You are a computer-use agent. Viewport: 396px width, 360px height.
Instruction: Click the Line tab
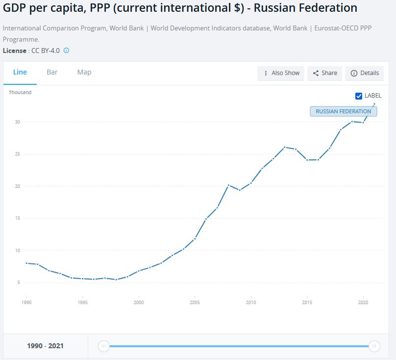[20, 72]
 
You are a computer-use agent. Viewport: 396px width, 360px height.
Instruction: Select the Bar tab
[52, 72]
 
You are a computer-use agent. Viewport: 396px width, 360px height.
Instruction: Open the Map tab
[84, 72]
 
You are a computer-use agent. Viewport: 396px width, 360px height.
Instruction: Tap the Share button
[325, 73]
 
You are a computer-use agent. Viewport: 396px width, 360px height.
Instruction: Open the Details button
[365, 73]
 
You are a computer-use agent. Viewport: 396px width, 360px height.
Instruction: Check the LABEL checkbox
[359, 96]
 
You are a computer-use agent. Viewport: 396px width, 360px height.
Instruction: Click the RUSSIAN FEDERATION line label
[343, 111]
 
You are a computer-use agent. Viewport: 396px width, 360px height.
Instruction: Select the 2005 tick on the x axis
[195, 303]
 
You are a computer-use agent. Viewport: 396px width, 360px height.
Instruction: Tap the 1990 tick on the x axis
[27, 303]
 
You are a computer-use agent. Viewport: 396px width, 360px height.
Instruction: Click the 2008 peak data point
[228, 185]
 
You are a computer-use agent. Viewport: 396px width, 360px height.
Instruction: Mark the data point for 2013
[284, 147]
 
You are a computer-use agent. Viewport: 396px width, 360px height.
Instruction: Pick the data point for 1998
[116, 280]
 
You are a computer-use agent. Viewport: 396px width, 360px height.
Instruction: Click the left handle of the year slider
[103, 346]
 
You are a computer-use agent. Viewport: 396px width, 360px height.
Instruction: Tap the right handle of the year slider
[374, 346]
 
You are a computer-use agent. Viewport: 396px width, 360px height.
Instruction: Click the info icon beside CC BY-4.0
[67, 51]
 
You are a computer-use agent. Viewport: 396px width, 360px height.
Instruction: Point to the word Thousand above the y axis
[20, 92]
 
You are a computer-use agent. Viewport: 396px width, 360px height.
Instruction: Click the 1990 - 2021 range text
[45, 346]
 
